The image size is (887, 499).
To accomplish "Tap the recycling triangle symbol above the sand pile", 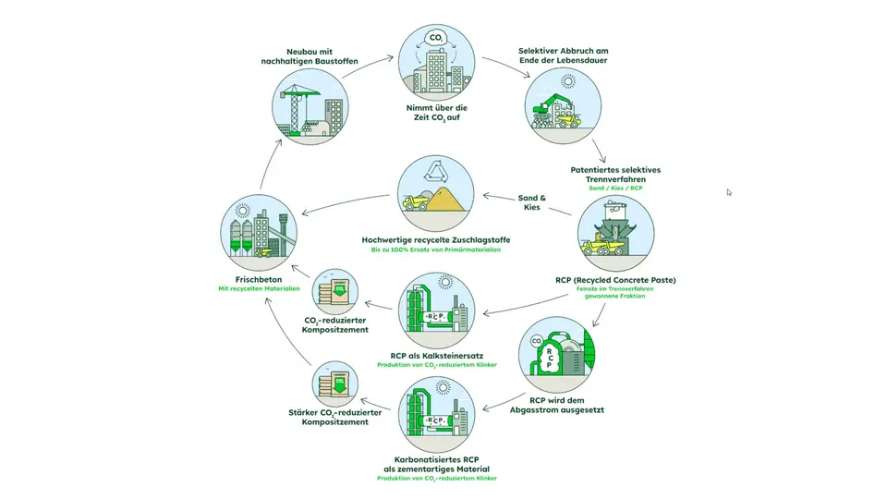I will click(435, 169).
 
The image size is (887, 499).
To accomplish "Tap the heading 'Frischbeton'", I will click(260, 278).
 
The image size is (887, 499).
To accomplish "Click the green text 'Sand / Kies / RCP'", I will click(618, 189).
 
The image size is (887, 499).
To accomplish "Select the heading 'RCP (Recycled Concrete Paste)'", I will click(615, 278).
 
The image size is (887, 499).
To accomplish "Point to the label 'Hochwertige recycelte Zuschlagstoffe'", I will click(436, 240).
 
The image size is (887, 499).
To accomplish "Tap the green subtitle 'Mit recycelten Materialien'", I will click(260, 289).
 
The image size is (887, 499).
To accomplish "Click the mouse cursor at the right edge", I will click(728, 192).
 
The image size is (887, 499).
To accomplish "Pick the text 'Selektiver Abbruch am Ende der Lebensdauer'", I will click(565, 55).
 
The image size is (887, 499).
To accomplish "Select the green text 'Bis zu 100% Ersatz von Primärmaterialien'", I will click(436, 251).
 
